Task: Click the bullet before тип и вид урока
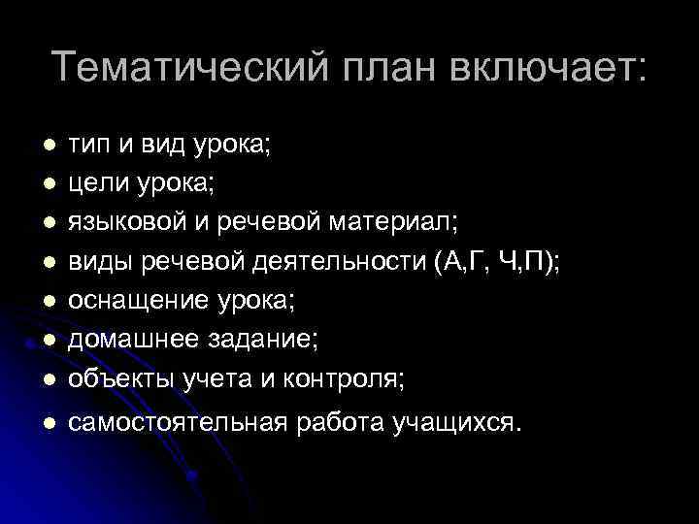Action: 48,146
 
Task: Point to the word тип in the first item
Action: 89,145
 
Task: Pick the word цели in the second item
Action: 95,182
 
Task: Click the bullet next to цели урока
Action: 48,183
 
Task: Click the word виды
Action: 96,261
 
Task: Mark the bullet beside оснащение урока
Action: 48,301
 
